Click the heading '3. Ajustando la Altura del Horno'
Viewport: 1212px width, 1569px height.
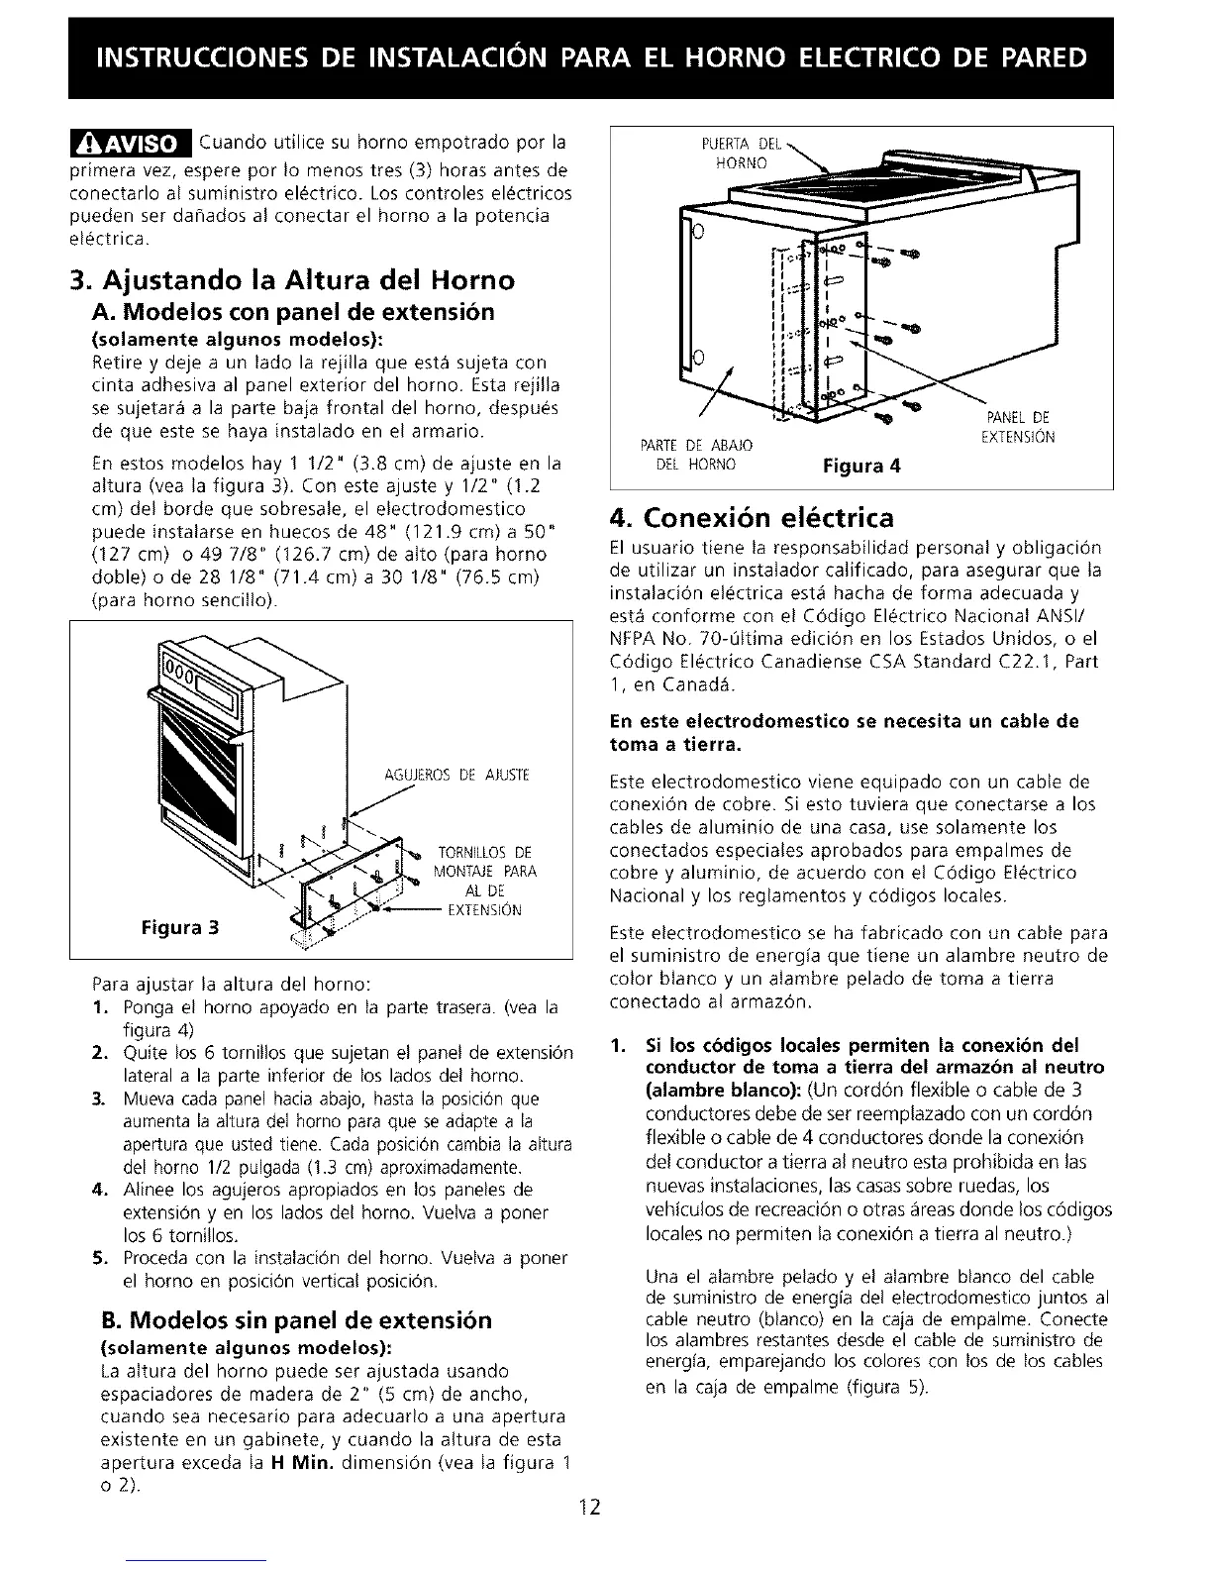point(292,280)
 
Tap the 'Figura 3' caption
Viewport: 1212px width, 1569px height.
point(179,928)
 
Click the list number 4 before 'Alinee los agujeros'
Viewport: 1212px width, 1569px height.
point(98,1190)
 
